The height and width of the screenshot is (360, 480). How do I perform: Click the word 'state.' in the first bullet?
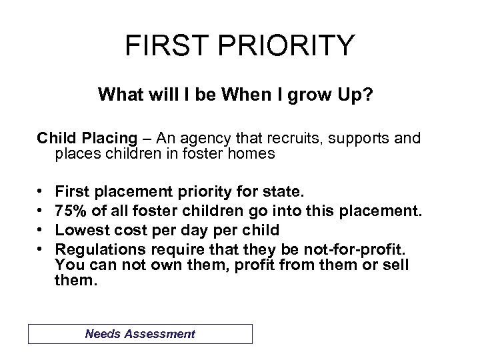(x=285, y=193)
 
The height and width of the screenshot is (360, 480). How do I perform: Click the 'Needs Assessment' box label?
(x=141, y=334)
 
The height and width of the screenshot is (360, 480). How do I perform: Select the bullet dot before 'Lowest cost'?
(x=42, y=229)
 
